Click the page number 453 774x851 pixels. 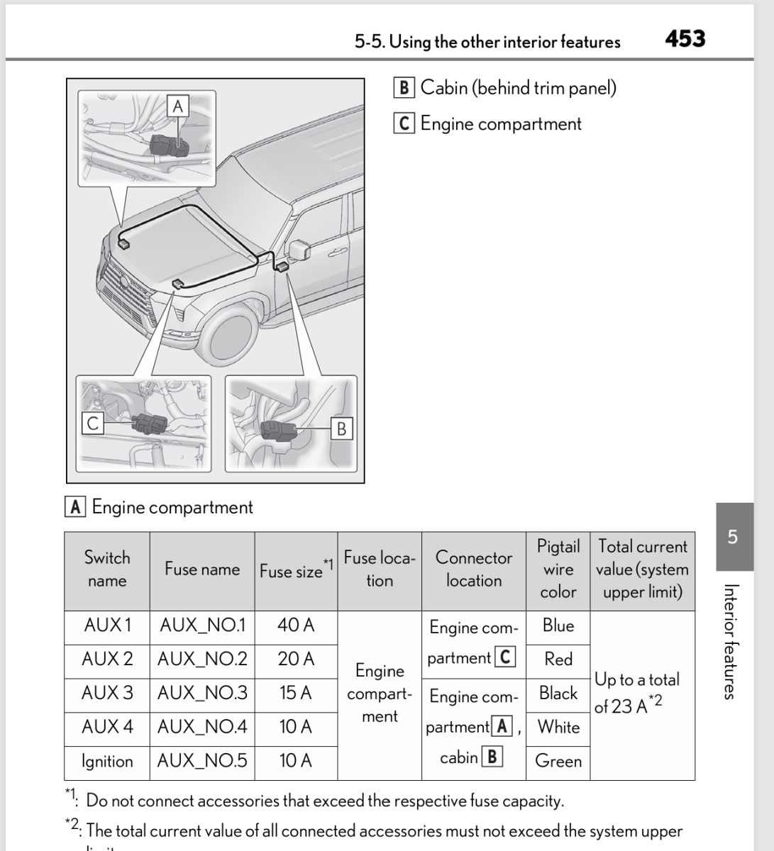tap(685, 38)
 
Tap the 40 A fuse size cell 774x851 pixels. tap(295, 625)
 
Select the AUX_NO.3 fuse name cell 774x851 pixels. tap(202, 693)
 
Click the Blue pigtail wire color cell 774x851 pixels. tap(558, 625)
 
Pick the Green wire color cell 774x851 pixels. tap(558, 761)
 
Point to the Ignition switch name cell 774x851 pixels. tap(107, 761)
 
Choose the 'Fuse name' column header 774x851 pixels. tap(202, 569)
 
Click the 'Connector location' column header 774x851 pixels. tap(473, 569)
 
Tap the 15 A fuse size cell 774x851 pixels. tap(295, 693)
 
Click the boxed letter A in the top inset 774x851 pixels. tap(177, 106)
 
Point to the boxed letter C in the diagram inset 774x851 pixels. tap(92, 423)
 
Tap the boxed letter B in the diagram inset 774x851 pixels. tap(342, 429)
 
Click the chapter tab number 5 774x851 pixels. tap(734, 536)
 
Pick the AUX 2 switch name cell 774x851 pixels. tap(107, 659)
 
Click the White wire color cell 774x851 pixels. tap(558, 727)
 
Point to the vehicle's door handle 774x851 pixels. tap(338, 251)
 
